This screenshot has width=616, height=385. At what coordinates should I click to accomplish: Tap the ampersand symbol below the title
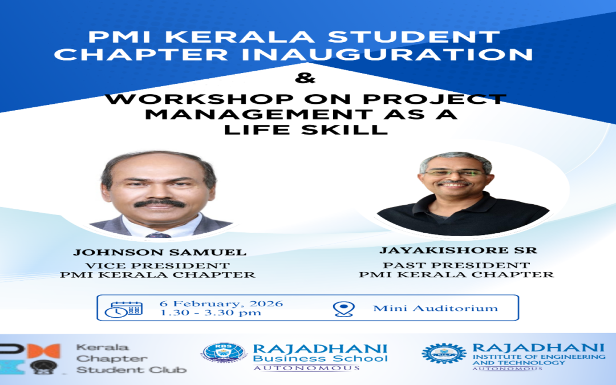point(307,78)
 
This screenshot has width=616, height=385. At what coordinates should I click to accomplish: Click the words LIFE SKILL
point(305,129)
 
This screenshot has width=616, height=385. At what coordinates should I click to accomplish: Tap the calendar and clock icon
point(124,309)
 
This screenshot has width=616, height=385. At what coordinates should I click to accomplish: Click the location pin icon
point(342,309)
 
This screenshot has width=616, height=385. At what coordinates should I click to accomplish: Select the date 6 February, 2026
point(221,303)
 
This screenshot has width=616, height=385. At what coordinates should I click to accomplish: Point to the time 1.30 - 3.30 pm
point(210,313)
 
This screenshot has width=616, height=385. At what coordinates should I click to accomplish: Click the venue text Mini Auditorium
point(435,308)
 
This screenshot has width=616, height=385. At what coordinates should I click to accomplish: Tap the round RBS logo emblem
point(224,352)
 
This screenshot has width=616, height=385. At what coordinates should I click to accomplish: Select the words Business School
point(320,359)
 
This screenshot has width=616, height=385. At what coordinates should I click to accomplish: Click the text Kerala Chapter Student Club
point(131,358)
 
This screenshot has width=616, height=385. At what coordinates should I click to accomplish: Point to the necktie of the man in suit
point(158,234)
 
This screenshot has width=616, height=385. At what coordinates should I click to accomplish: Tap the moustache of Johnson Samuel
point(159,203)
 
